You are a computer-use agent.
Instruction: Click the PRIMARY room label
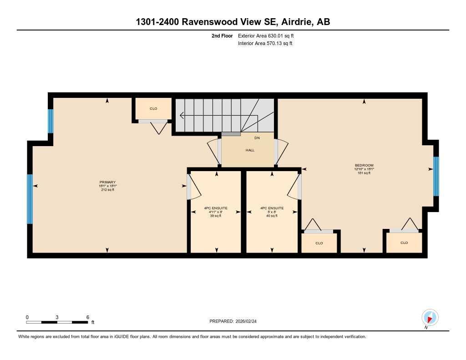107,182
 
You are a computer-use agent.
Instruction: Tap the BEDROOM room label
364,165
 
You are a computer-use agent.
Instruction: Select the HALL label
250,150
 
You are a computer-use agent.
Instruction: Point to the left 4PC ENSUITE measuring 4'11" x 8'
215,208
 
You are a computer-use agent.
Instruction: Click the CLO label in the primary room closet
153,109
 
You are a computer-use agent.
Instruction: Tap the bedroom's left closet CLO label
319,243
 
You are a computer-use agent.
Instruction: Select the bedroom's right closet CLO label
404,243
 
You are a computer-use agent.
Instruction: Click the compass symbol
430,317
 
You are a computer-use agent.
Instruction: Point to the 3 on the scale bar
57,317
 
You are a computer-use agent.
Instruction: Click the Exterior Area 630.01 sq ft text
269,35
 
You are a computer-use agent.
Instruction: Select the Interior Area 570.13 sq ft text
265,44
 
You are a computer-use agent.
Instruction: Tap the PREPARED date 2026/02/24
236,321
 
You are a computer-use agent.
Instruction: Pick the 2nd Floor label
222,35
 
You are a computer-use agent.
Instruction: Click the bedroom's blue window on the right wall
436,176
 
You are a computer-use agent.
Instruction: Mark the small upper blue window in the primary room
51,121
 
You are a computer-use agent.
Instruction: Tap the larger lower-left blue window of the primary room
30,199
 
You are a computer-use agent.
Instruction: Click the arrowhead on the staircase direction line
182,116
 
